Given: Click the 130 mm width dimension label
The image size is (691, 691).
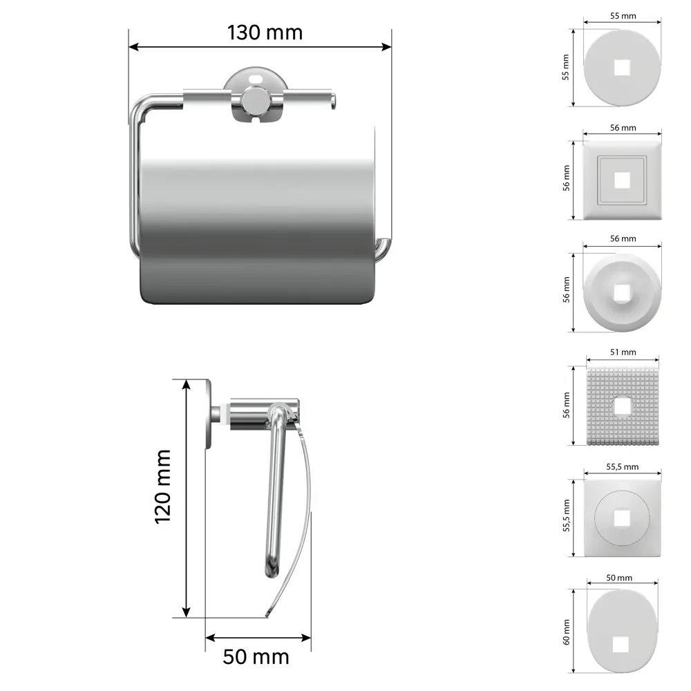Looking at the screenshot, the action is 265,32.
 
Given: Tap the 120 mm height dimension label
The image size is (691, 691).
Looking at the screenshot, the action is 162,486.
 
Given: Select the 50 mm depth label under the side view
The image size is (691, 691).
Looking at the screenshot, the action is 256,657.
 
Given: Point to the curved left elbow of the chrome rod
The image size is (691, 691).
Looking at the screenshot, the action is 140,106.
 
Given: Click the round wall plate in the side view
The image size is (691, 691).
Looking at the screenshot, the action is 208,414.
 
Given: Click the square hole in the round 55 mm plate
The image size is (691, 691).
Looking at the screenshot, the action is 622,68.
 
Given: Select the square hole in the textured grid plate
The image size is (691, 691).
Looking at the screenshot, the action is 622,406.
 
